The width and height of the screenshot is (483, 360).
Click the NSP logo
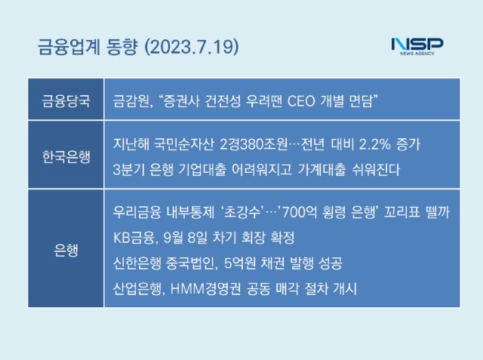point(417,47)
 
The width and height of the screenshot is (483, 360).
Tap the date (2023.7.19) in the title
point(192,47)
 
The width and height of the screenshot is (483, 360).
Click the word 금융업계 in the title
point(69,47)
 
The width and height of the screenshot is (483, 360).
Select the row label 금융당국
point(66,100)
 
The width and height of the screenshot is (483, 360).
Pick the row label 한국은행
point(66,156)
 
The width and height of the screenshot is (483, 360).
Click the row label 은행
point(66,250)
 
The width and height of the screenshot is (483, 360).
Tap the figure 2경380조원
point(254,144)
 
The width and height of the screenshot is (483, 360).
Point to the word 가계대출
point(322,169)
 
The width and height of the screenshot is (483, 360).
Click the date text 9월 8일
point(186,238)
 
